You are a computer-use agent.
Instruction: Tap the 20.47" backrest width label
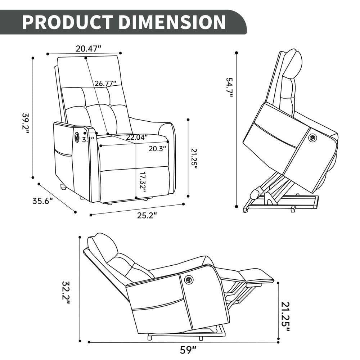[89, 48]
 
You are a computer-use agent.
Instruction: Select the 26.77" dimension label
[105, 84]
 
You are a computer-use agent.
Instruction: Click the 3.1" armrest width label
[88, 139]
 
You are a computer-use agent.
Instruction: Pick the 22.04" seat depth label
[137, 137]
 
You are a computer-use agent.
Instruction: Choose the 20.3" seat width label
[157, 148]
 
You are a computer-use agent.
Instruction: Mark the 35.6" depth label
[43, 201]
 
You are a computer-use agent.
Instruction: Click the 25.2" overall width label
[148, 216]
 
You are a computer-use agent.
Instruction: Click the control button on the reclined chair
[188, 280]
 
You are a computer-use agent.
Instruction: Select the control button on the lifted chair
[312, 138]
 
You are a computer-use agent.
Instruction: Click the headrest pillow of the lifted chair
[292, 64]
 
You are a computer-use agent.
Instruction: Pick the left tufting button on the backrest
[85, 107]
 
